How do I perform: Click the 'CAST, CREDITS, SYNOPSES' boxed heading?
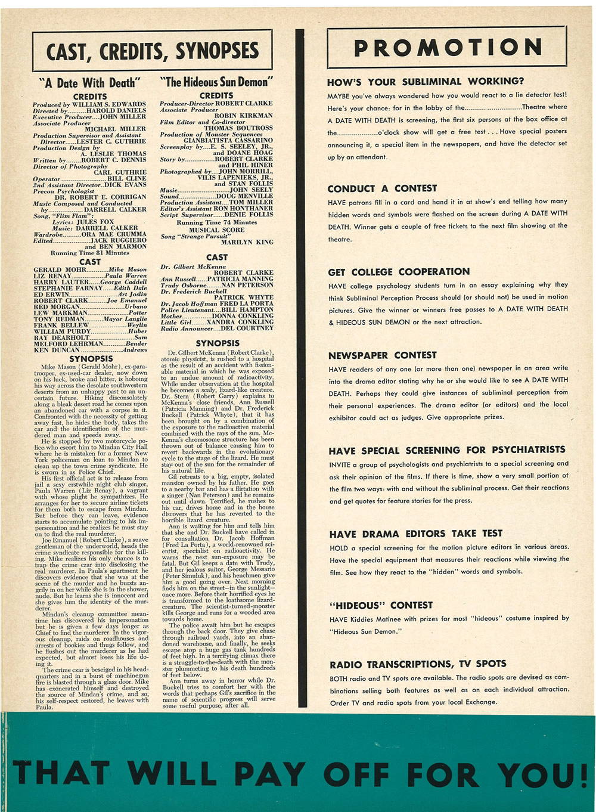click(x=153, y=51)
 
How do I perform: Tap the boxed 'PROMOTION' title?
click(x=447, y=48)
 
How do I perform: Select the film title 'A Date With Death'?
click(x=90, y=83)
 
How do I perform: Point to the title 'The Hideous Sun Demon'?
click(x=216, y=82)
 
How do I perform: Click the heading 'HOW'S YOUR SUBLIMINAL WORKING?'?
click(x=426, y=82)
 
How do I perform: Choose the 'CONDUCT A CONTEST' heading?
click(x=382, y=188)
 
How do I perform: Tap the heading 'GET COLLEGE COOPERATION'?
click(x=399, y=272)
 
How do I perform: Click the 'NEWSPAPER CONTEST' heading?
click(x=382, y=355)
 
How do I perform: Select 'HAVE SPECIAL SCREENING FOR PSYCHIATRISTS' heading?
click(x=447, y=450)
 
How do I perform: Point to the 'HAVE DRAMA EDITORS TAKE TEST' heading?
click(x=416, y=534)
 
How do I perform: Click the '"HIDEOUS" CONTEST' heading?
click(x=380, y=605)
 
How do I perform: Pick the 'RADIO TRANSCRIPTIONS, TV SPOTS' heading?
click(x=418, y=664)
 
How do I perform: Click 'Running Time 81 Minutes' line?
click(x=89, y=253)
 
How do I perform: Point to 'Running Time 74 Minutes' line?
click(x=216, y=222)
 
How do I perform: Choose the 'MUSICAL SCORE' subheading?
click(x=216, y=230)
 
